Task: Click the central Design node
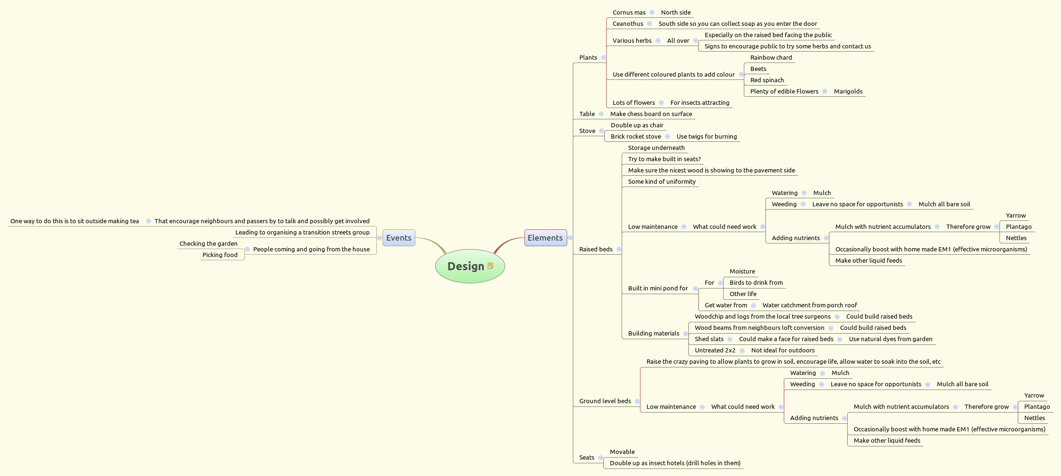click(465, 266)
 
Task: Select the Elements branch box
click(545, 238)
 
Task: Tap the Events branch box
click(398, 238)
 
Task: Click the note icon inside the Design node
click(490, 266)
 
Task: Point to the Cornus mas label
click(629, 13)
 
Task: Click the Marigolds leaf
click(848, 92)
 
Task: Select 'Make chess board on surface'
click(651, 114)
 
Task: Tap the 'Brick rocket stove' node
click(635, 137)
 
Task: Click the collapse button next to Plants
click(603, 58)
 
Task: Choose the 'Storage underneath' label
click(656, 148)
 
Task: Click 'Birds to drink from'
click(756, 283)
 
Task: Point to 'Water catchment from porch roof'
click(809, 305)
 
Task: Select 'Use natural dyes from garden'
click(890, 339)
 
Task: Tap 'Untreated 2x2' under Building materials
click(715, 351)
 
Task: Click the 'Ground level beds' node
click(605, 401)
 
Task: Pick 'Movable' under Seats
click(622, 452)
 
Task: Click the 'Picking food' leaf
click(220, 255)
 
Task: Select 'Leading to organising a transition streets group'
click(302, 233)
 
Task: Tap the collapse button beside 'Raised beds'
click(619, 250)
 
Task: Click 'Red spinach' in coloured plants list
click(767, 80)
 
